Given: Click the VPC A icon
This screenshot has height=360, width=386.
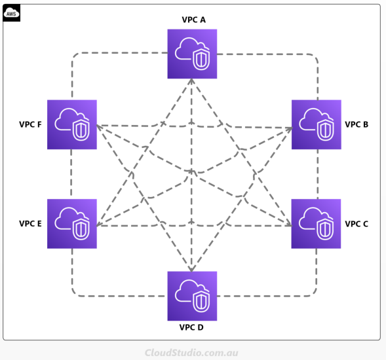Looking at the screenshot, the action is pyautogui.click(x=192, y=54).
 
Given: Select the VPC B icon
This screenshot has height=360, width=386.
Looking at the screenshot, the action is pyautogui.click(x=317, y=124).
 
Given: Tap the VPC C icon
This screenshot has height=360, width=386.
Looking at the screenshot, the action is pyautogui.click(x=316, y=224).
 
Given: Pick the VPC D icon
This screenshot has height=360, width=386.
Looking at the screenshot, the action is pyautogui.click(x=192, y=296).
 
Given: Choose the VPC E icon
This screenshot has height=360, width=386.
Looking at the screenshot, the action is pyautogui.click(x=72, y=224).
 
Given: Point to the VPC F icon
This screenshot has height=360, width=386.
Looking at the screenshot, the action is pyautogui.click(x=72, y=124).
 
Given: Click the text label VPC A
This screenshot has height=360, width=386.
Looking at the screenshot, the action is pyautogui.click(x=194, y=20).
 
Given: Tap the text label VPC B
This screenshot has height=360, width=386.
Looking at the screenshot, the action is pyautogui.click(x=357, y=124).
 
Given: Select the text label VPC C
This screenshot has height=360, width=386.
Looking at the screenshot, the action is pyautogui.click(x=357, y=224).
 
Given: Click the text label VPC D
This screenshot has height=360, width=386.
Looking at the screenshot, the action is pyautogui.click(x=191, y=327).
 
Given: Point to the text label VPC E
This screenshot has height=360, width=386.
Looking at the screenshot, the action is pyautogui.click(x=30, y=223).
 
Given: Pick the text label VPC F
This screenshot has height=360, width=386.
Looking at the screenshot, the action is pyautogui.click(x=30, y=124).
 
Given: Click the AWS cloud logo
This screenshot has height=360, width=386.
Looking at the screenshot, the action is pyautogui.click(x=11, y=13).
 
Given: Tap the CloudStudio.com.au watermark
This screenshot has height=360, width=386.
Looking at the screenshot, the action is pyautogui.click(x=191, y=353).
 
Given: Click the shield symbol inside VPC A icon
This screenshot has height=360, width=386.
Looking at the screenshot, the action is pyautogui.click(x=201, y=60).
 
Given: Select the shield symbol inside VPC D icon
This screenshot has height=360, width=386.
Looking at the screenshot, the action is pyautogui.click(x=201, y=302).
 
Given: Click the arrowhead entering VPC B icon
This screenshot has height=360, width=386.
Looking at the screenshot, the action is pyautogui.click(x=290, y=128).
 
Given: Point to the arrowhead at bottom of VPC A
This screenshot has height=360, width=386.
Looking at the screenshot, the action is pyautogui.click(x=192, y=81).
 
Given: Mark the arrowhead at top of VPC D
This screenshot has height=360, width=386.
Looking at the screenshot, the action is pyautogui.click(x=192, y=268).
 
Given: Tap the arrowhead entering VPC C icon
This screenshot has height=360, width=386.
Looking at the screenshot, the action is pyautogui.click(x=289, y=225).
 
